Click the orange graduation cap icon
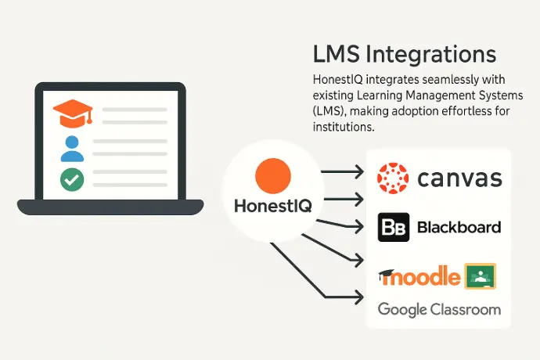(73, 113)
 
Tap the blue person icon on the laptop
(72, 149)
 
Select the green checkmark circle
(72, 179)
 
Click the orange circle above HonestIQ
(273, 175)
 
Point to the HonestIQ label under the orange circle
(273, 206)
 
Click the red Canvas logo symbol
(393, 178)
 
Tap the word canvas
(459, 178)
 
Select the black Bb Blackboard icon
(394, 227)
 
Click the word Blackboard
(459, 228)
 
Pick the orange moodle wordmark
(419, 276)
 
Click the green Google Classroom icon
(480, 276)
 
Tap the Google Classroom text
(439, 310)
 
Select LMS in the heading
(337, 55)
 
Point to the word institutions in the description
(344, 127)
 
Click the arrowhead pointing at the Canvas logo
(359, 171)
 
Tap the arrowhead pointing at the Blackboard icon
(359, 227)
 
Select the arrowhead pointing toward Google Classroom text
(359, 297)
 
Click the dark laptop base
(110, 207)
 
